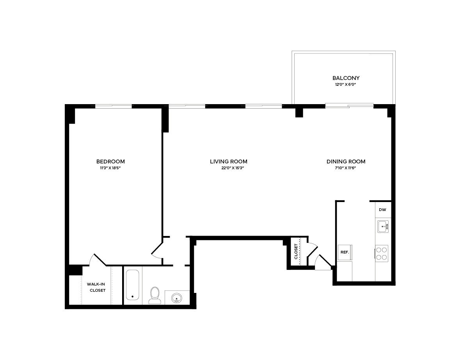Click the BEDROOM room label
click(110, 161)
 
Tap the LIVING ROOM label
click(229, 161)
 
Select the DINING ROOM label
click(346, 161)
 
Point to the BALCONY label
click(346, 78)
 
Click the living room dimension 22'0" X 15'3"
click(232, 168)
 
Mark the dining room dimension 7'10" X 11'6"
click(346, 168)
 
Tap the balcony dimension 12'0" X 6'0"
click(346, 84)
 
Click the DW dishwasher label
click(382, 210)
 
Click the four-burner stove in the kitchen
click(382, 253)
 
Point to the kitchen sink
click(382, 226)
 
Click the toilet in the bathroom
click(155, 295)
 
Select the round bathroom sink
click(177, 298)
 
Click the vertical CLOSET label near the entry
click(296, 252)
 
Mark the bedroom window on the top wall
click(114, 106)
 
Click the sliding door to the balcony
click(349, 105)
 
